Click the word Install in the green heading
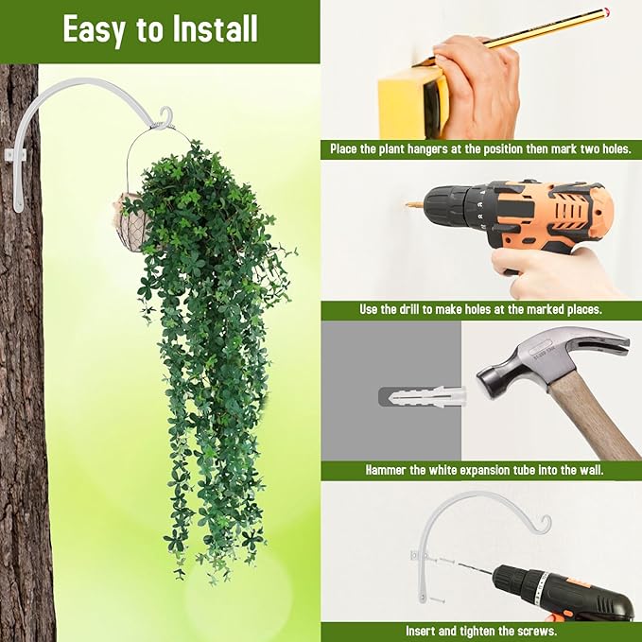215,28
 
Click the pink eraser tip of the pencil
605,10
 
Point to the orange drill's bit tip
407,203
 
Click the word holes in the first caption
616,148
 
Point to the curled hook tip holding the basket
165,115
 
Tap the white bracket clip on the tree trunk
15,156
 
